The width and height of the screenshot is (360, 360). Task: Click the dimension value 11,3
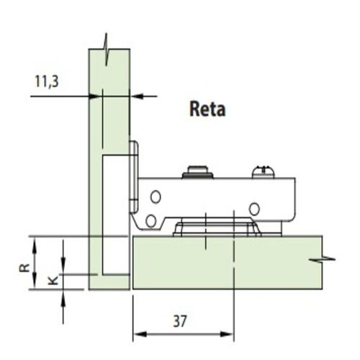pos(47,81)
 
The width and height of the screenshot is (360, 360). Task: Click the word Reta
pos(207,109)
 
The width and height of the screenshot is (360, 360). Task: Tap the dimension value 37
pos(180,321)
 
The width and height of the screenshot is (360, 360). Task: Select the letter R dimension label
pos(24,267)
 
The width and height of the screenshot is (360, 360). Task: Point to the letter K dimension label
pos(53,280)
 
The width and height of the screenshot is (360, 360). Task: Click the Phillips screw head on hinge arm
pos(263,171)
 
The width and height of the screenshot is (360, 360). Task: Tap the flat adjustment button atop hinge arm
pos(197,172)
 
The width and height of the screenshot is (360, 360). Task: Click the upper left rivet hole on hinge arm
pos(156,197)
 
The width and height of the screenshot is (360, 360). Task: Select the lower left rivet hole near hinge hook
pos(150,221)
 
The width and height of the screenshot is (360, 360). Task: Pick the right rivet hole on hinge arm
pos(254,209)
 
